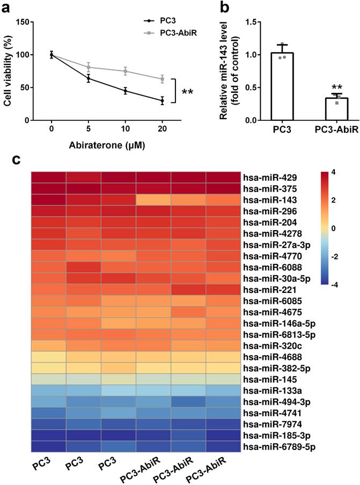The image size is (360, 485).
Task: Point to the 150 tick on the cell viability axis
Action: pos(24,22)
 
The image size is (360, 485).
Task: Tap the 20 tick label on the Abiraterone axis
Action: pos(162,130)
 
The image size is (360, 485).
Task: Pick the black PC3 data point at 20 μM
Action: pos(162,100)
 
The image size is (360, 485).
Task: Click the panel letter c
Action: pos(16,159)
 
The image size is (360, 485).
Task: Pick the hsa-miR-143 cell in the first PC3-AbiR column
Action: pos(153,200)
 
